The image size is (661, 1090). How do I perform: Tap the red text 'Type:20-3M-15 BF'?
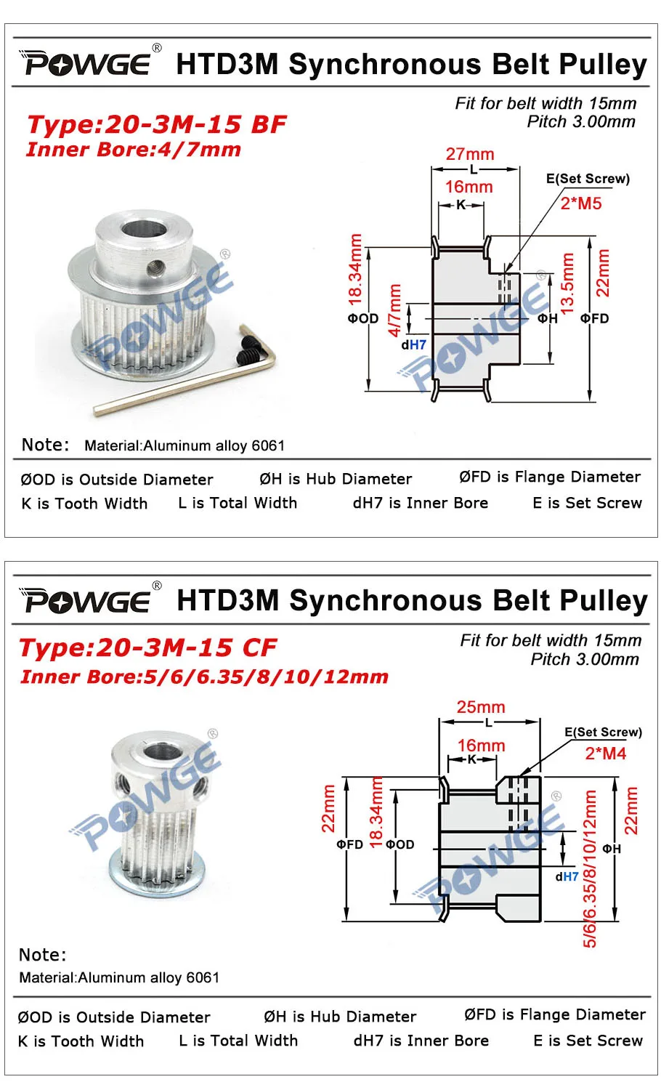tap(157, 124)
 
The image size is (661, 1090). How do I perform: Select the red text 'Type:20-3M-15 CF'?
tap(148, 647)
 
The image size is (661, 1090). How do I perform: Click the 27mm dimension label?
tap(470, 154)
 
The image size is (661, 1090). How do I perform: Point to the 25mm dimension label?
tap(481, 706)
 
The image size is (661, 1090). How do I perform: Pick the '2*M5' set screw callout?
tap(581, 203)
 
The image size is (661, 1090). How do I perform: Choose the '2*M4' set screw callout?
tap(606, 754)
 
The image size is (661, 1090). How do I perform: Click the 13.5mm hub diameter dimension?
tap(567, 283)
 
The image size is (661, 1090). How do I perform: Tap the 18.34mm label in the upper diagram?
tap(355, 270)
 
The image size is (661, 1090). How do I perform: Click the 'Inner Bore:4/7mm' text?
tap(134, 150)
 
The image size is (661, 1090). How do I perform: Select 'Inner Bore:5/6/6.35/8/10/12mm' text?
tap(204, 677)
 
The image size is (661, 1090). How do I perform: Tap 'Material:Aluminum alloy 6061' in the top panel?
tap(184, 445)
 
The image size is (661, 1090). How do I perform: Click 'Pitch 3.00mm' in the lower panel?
tap(585, 659)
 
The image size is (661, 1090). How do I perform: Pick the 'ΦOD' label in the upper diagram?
tap(363, 319)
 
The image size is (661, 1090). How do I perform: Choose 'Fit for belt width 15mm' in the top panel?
tap(546, 103)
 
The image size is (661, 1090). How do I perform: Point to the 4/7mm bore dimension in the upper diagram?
tap(394, 310)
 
